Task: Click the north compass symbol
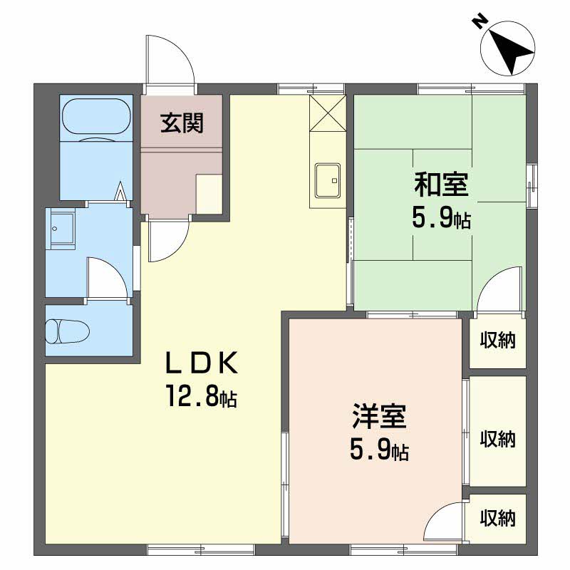[x=507, y=48]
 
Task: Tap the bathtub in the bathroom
[x=97, y=117]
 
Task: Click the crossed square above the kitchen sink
[x=327, y=113]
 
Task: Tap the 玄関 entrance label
[x=181, y=123]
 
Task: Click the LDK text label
[x=201, y=363]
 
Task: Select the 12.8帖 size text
[x=201, y=396]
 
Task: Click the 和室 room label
[x=442, y=185]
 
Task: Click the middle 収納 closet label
[x=497, y=439]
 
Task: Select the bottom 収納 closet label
[x=497, y=518]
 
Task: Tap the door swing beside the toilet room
[x=107, y=278]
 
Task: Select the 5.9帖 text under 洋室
[x=379, y=450]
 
